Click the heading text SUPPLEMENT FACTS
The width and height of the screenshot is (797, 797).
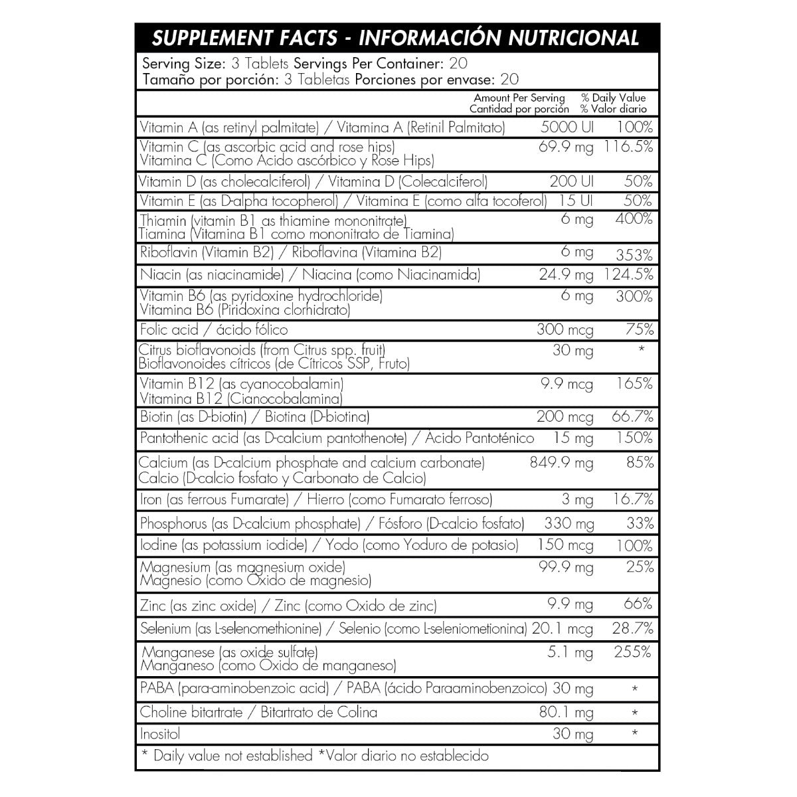(x=243, y=38)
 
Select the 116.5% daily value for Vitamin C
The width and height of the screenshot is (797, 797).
(x=628, y=147)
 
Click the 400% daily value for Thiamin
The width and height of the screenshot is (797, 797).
(x=634, y=219)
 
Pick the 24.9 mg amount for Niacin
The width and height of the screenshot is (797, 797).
(x=566, y=274)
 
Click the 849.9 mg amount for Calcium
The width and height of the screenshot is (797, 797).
(x=561, y=462)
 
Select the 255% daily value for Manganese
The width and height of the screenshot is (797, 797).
(x=634, y=652)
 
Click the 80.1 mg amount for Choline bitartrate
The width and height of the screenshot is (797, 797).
(x=566, y=713)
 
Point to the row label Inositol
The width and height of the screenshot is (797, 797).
(x=160, y=734)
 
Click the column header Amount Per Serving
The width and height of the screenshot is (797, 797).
(x=519, y=98)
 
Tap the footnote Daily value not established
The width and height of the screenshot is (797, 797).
(x=232, y=756)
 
